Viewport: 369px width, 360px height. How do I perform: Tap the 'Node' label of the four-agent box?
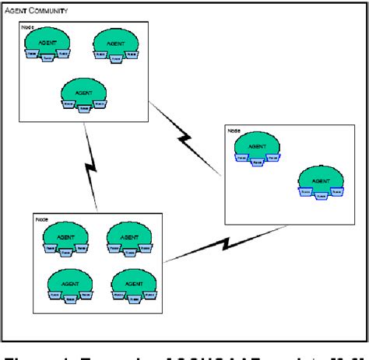click(x=42, y=220)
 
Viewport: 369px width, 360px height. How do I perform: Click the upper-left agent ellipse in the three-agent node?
click(x=48, y=41)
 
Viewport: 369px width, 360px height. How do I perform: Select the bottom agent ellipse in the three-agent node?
click(x=83, y=92)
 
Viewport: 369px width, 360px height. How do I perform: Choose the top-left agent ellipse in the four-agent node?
click(x=65, y=236)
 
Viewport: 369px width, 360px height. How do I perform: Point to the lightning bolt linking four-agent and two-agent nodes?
click(x=221, y=245)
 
